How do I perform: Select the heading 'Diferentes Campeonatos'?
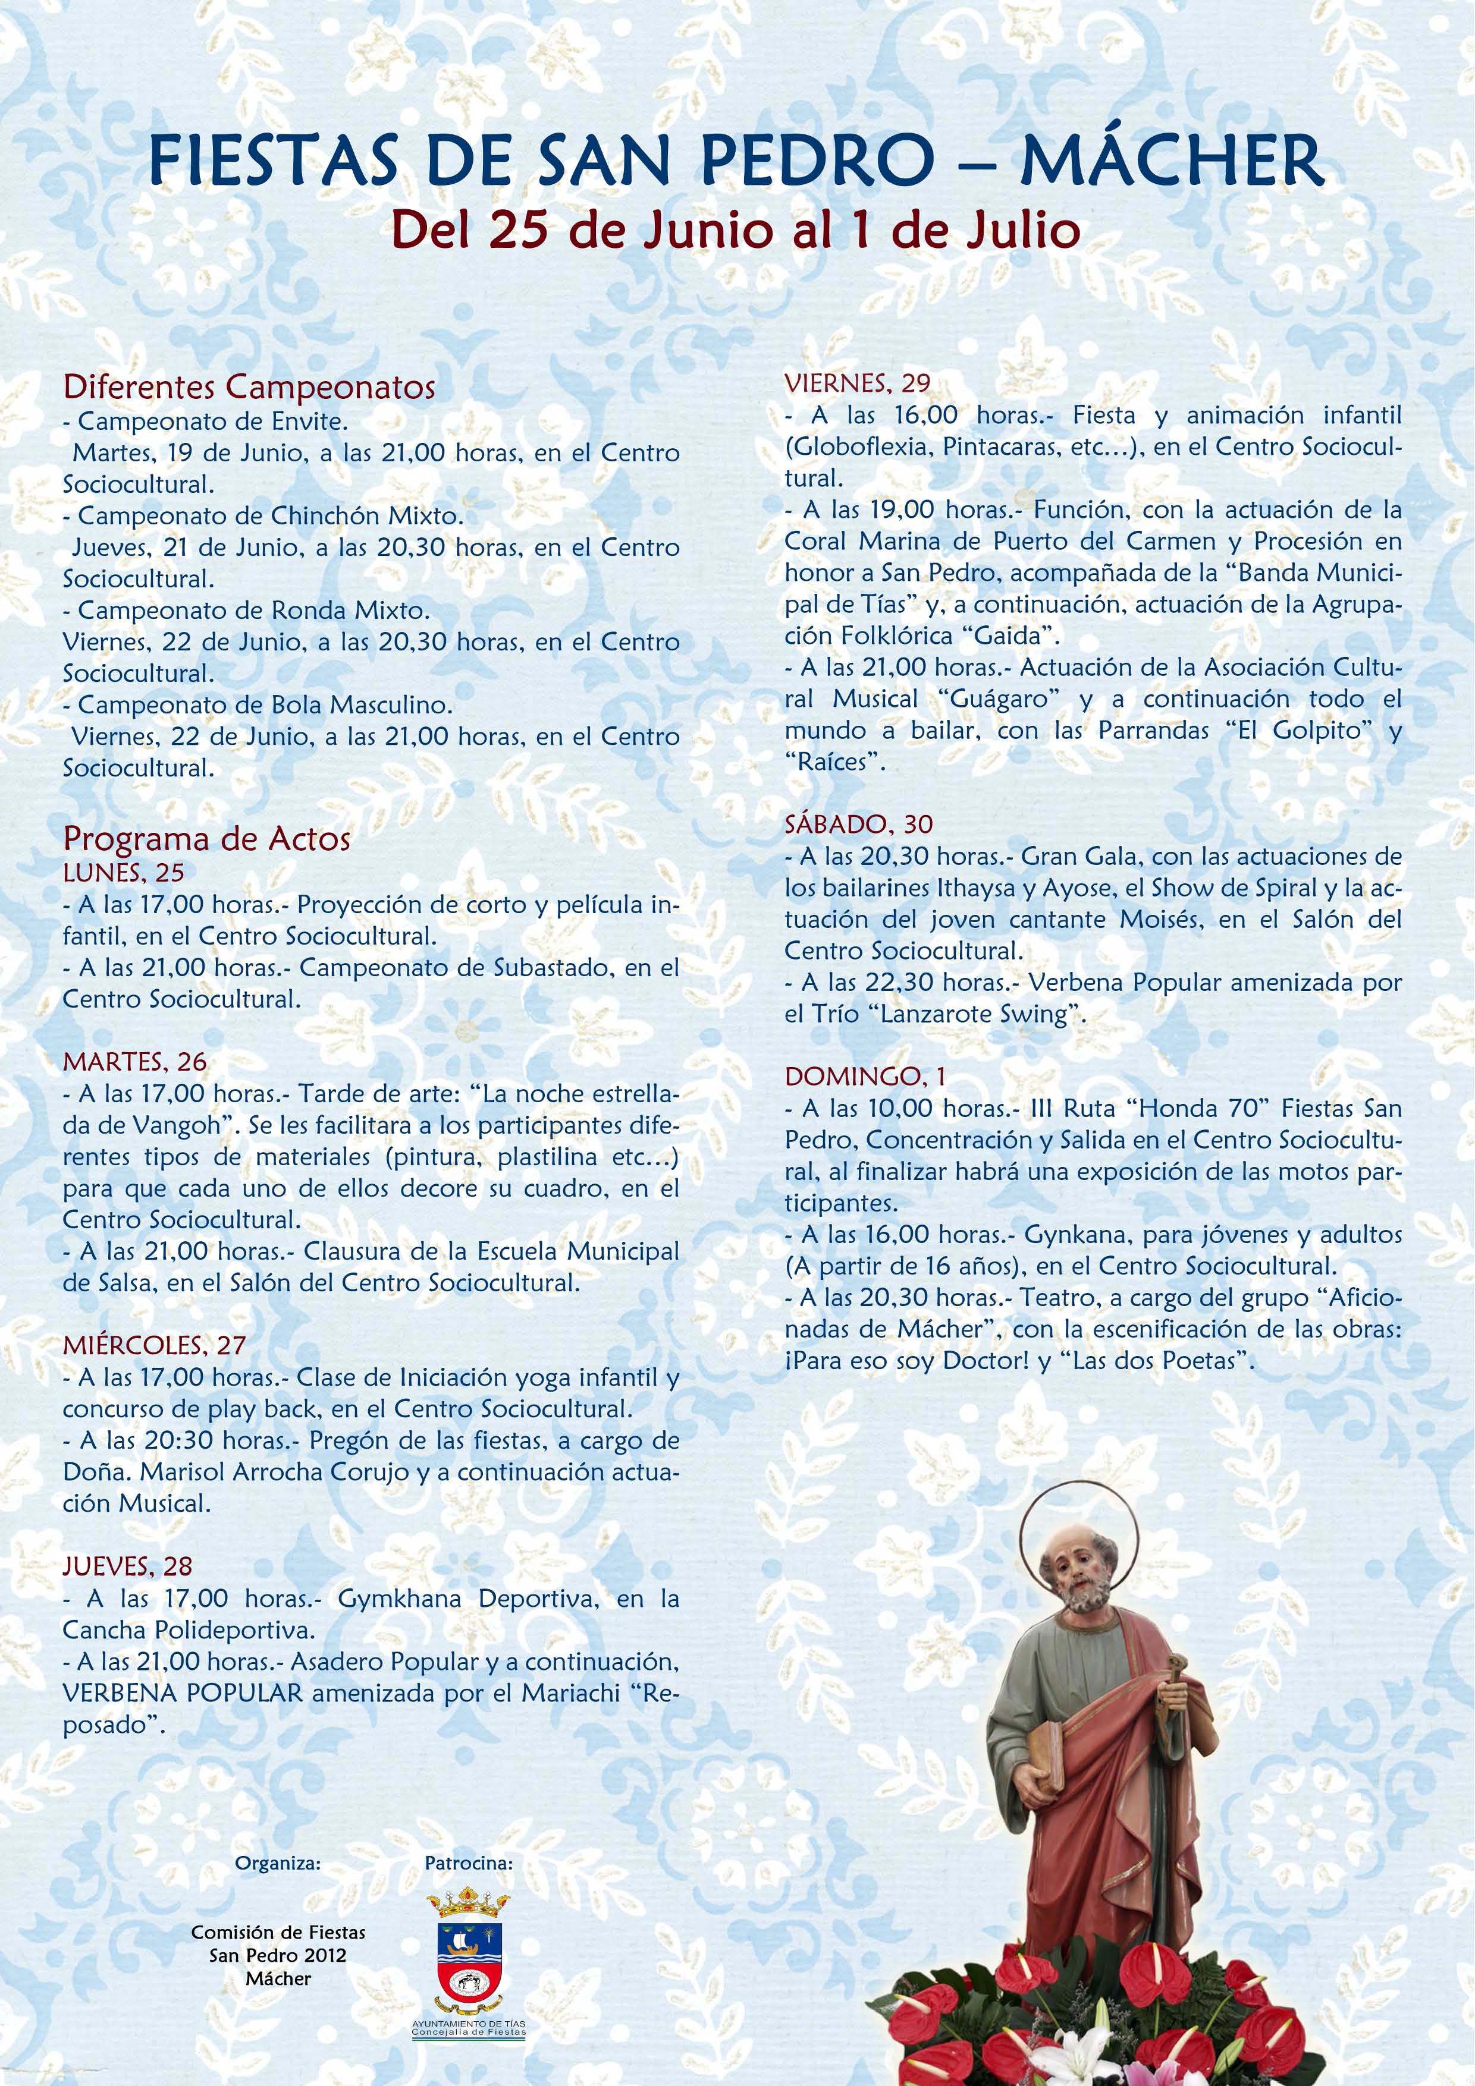(249, 387)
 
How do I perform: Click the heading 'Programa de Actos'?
(206, 839)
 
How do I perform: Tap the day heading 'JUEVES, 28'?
(128, 1565)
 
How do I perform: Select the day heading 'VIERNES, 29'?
(858, 383)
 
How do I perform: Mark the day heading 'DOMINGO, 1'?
(865, 1077)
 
